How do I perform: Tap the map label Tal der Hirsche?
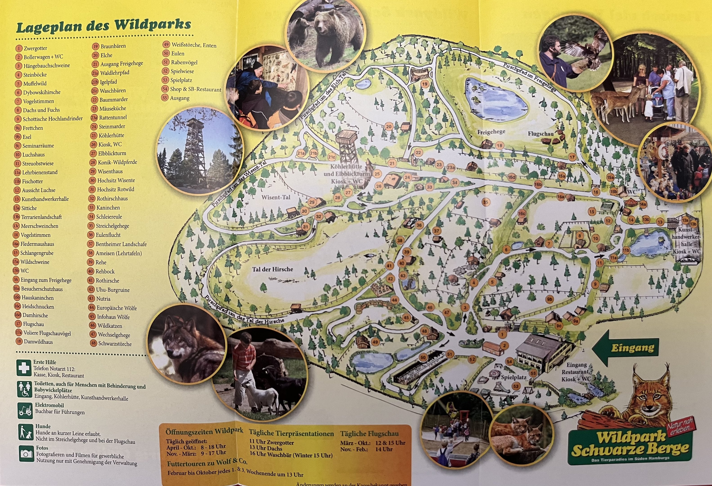point(273,269)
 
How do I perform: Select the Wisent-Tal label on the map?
point(276,197)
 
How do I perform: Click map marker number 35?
point(486,202)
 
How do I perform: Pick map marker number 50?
point(423,358)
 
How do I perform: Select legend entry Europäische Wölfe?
point(116,308)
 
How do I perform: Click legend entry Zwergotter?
point(35,48)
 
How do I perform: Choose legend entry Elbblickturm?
point(112,153)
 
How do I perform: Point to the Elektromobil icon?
point(25,410)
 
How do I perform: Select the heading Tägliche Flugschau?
point(369,434)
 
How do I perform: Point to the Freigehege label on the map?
point(491,132)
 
